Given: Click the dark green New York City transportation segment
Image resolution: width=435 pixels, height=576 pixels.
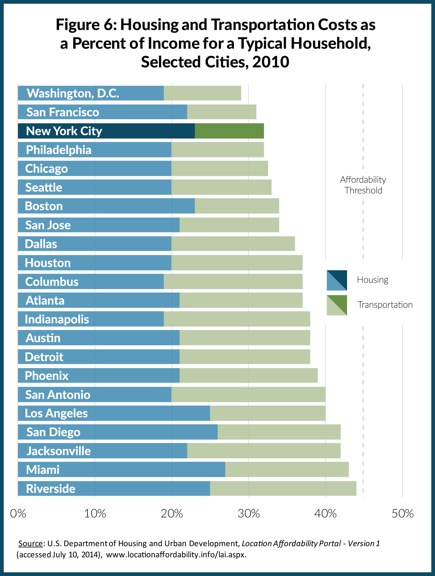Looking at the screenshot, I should coord(229,131).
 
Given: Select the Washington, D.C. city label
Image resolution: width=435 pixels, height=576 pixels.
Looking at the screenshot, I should coord(73,93).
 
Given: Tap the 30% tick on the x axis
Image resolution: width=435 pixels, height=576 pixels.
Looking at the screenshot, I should coord(248,513).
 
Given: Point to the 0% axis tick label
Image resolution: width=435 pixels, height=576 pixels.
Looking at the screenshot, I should coord(18,513).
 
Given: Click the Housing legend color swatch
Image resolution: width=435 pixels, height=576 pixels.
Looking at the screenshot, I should coord(337,280).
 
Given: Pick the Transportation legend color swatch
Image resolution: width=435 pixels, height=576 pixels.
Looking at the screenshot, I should coord(337,305).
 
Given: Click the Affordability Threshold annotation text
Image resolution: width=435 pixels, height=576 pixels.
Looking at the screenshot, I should coord(363,185).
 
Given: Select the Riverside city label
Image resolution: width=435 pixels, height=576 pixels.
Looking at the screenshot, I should coord(50,488).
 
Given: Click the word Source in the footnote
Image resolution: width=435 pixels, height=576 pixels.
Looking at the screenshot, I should coord(30,543).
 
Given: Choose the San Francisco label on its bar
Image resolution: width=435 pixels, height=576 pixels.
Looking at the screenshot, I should coord(63,112).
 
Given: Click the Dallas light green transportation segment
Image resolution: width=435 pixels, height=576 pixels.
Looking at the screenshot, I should coord(233,244).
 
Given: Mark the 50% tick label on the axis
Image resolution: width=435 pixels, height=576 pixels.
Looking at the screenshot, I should coord(402,513).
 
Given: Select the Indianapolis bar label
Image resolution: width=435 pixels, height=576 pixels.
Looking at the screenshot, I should coord(57,319).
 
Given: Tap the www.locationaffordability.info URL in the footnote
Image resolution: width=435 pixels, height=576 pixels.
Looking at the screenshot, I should coord(176,555).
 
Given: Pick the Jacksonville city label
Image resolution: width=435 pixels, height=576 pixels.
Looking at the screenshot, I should coord(59,451).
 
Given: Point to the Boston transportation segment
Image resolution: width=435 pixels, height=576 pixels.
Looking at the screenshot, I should coord(237,206).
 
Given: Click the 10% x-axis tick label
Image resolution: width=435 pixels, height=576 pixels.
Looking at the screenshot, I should coord(95,513).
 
